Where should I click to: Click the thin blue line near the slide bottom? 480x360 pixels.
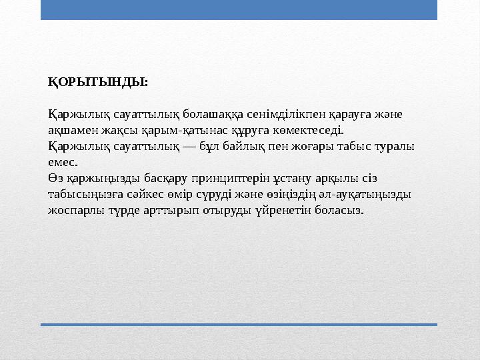click(239, 325)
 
